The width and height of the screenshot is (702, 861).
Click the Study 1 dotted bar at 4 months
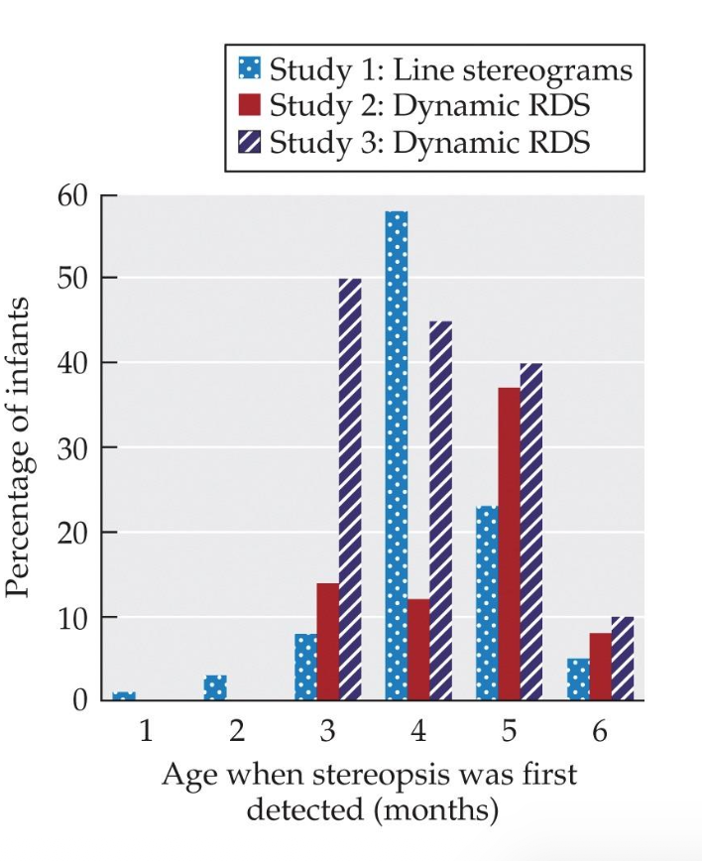pyautogui.click(x=396, y=456)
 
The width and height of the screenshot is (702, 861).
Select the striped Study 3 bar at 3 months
pyautogui.click(x=350, y=490)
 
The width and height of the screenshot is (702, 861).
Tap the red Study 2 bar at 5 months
pyautogui.click(x=510, y=545)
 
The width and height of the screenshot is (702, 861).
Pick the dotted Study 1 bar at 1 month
pyautogui.click(x=123, y=696)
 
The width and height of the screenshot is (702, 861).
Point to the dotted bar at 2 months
pyautogui.click(x=215, y=688)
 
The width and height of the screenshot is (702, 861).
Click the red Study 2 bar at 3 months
pyautogui.click(x=327, y=642)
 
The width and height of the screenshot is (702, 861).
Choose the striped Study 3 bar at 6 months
pyautogui.click(x=623, y=659)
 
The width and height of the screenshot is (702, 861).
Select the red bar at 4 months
pyautogui.click(x=418, y=650)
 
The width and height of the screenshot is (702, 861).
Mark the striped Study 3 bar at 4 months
pyautogui.click(x=441, y=511)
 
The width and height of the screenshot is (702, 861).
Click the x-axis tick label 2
pyautogui.click(x=236, y=733)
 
